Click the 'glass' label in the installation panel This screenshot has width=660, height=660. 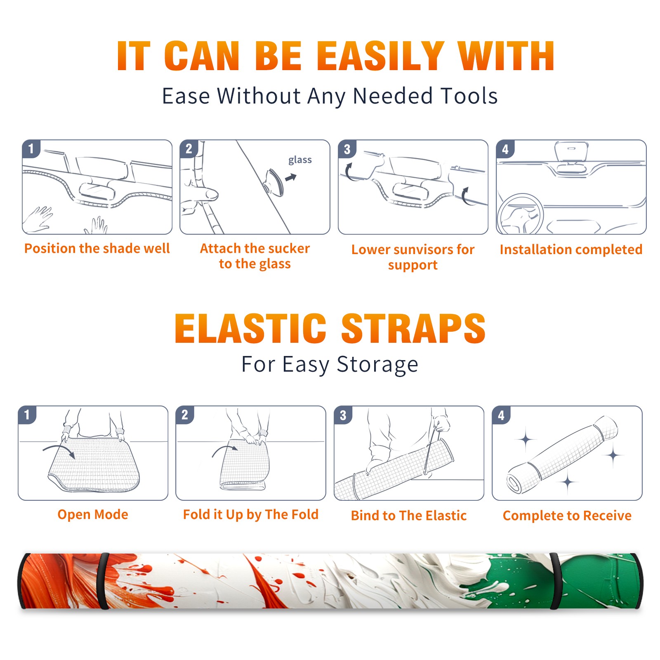point(300,160)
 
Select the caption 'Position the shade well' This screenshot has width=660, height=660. point(97,248)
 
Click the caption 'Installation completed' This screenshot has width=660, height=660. point(571,249)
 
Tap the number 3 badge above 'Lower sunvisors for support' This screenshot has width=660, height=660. point(347,149)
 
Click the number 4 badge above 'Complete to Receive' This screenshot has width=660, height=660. point(501,415)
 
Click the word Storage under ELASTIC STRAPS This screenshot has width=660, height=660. point(377,364)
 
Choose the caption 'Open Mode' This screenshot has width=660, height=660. point(93,514)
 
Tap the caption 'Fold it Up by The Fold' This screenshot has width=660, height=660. point(251,514)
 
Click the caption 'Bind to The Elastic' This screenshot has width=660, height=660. point(409,515)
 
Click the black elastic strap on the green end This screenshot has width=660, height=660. point(556,581)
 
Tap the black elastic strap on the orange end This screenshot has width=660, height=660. point(103,581)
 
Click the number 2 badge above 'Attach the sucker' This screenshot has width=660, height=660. point(189,149)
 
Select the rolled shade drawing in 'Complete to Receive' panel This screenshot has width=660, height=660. point(562,455)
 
